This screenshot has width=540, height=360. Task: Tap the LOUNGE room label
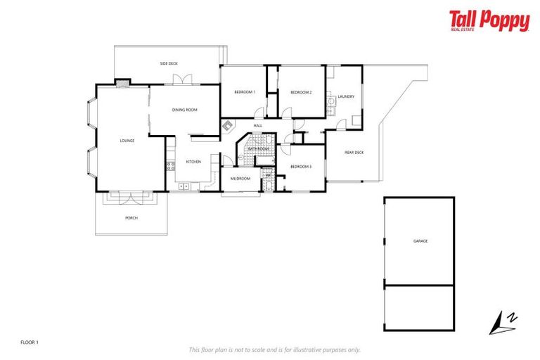tap(127, 141)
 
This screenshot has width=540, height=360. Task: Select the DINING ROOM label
tap(185, 110)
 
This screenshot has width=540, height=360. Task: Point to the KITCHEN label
tap(193, 162)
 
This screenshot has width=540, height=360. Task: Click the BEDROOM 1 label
tap(245, 92)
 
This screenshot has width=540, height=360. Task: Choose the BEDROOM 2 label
tap(301, 92)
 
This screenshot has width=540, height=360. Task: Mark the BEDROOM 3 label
tap(301, 167)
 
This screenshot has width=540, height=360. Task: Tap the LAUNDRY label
tap(346, 96)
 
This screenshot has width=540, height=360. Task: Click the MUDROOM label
tap(240, 179)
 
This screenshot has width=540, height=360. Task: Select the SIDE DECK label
tap(169, 63)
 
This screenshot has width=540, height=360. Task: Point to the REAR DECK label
tap(354, 153)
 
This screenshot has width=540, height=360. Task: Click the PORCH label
tap(131, 218)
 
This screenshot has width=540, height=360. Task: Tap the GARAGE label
tap(420, 241)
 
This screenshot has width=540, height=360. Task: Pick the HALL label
tap(257, 126)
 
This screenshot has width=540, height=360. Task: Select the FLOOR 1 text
tap(30, 342)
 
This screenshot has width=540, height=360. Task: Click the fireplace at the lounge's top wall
tap(123, 82)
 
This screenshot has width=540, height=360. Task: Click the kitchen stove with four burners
tap(169, 167)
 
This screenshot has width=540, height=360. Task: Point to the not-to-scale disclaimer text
tap(275, 349)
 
